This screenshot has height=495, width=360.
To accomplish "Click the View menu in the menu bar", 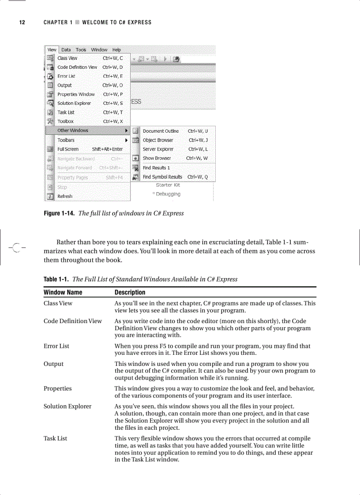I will pyautogui.click(x=52, y=50).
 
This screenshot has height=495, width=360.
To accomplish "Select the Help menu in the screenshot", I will pyautogui.click(x=116, y=50).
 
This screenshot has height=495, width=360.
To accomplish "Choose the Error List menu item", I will pyautogui.click(x=66, y=76).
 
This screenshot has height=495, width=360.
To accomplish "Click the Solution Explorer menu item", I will pyautogui.click(x=74, y=103).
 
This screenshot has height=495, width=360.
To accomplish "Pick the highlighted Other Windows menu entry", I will pyautogui.click(x=73, y=130).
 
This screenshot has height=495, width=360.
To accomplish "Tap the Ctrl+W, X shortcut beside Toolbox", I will pyautogui.click(x=113, y=121).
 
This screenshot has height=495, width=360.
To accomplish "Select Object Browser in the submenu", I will pyautogui.click(x=158, y=140).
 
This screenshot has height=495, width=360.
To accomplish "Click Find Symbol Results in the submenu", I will pyautogui.click(x=162, y=177).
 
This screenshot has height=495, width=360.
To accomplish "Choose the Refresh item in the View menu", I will pyautogui.click(x=65, y=196).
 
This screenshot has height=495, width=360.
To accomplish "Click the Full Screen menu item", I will pyautogui.click(x=68, y=149).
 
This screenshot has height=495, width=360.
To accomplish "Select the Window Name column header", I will pyautogui.click(x=63, y=292).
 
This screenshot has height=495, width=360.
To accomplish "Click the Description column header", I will pyautogui.click(x=130, y=292).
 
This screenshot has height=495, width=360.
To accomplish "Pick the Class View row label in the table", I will pyautogui.click(x=58, y=303).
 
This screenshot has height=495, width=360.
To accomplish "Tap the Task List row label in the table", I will pyautogui.click(x=55, y=438).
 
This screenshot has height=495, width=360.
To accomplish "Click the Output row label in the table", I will pyautogui.click(x=53, y=364).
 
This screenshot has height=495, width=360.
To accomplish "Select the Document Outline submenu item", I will pyautogui.click(x=161, y=131).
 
